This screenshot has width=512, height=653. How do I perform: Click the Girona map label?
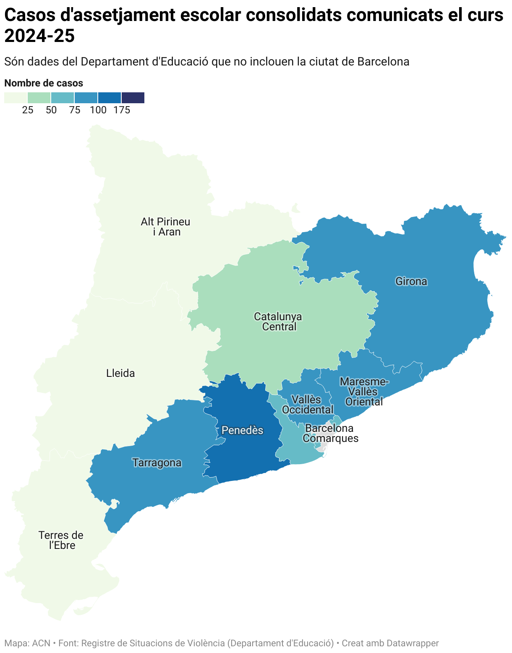[x=411, y=281]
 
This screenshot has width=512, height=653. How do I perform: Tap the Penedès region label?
[x=242, y=430]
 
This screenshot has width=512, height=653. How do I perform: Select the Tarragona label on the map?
[x=157, y=462]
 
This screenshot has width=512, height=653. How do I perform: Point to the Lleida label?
[x=120, y=373]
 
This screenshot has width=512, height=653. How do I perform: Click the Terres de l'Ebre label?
[x=61, y=540]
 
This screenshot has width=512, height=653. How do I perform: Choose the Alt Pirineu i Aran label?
[x=166, y=227]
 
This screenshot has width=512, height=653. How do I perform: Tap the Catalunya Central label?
[x=278, y=321]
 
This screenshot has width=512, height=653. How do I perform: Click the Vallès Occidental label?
[x=308, y=405]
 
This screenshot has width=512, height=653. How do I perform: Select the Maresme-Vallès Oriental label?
[x=364, y=392]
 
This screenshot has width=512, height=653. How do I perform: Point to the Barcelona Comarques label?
[x=330, y=433]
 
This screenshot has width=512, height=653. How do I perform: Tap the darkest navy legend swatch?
[x=133, y=98]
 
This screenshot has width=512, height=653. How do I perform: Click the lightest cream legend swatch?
[x=16, y=98]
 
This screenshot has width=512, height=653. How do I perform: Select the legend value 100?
[x=98, y=110]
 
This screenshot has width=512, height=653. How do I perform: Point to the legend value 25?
[x=28, y=110]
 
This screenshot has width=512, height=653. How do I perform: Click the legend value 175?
[x=122, y=110]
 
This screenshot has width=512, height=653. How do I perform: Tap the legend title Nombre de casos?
[x=44, y=83]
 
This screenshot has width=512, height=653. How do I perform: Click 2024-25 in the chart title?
[x=39, y=36]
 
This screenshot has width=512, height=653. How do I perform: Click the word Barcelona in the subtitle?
[x=383, y=62]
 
